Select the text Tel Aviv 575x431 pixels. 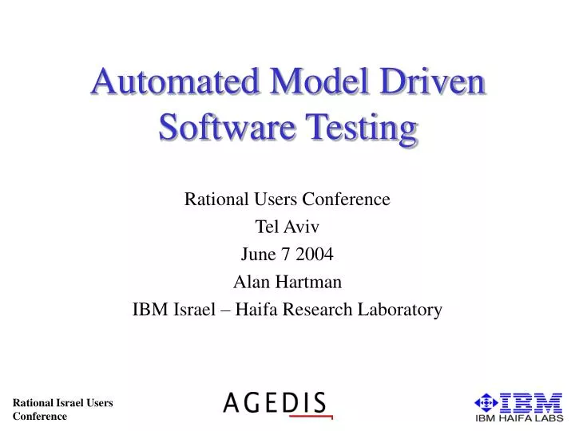(287, 227)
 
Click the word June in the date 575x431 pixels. (256, 255)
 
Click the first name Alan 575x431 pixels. (250, 282)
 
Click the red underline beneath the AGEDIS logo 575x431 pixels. (310, 416)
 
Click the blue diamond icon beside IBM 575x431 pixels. (486, 402)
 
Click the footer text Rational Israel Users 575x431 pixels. (63, 404)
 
